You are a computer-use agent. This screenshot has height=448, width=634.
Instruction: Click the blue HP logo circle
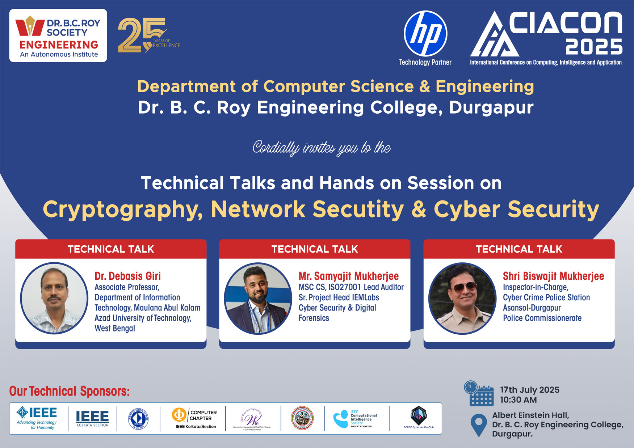[x=425, y=33]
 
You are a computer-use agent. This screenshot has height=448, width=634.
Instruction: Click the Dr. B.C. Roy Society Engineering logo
[x=58, y=36]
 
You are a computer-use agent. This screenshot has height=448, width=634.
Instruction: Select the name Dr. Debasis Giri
[x=127, y=276]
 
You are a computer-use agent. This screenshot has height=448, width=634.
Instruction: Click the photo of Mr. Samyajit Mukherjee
[x=258, y=298]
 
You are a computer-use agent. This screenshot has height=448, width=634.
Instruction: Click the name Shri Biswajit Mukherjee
[x=553, y=276]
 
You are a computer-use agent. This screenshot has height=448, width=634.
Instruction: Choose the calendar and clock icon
[x=479, y=393]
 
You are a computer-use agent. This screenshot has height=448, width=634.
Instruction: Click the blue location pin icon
[x=478, y=424]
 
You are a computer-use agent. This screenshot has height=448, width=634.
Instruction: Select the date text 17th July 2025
[x=529, y=390]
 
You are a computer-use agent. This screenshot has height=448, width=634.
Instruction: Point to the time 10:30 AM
[x=518, y=400]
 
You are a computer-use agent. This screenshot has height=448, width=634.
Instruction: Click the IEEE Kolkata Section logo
[x=92, y=418]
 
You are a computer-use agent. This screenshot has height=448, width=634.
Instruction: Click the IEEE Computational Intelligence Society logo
[x=355, y=419]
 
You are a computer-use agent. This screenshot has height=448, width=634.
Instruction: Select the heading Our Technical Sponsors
[x=69, y=391]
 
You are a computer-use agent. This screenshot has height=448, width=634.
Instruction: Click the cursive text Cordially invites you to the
[x=321, y=148]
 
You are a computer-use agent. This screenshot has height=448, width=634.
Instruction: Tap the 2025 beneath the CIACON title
[x=593, y=47]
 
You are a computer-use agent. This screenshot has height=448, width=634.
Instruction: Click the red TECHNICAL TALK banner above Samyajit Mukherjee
[x=314, y=249]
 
